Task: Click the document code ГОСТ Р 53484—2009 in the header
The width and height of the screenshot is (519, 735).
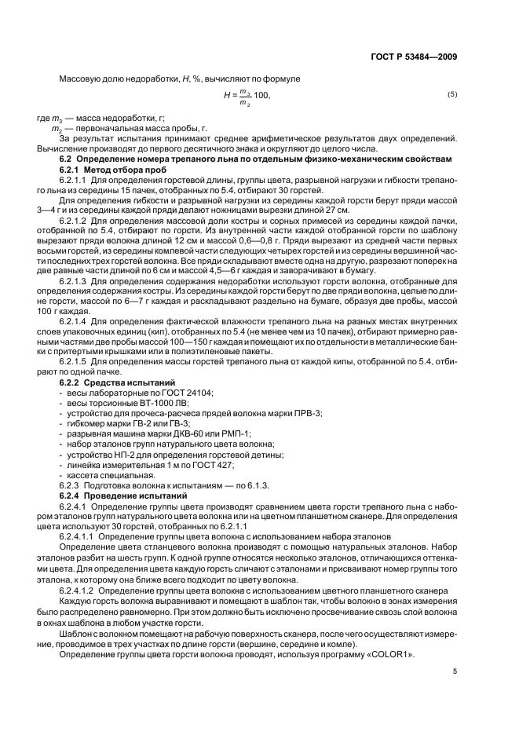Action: (x=412, y=57)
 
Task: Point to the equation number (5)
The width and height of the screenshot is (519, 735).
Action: (x=451, y=94)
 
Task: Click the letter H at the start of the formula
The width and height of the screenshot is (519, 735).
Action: (x=227, y=94)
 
